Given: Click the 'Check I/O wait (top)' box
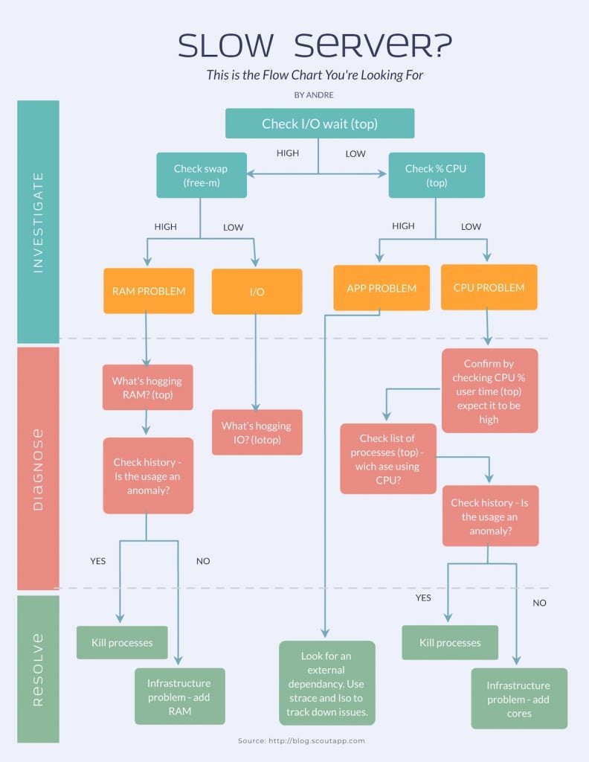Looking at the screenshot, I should point(320,124).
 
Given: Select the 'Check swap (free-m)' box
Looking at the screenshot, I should point(201,176).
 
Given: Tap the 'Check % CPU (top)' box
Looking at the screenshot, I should point(436,176).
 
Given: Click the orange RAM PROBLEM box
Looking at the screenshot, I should point(149,291).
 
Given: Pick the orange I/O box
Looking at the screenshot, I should point(257,292).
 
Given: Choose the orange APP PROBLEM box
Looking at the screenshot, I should point(382,288).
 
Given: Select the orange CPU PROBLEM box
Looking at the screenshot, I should point(489,287).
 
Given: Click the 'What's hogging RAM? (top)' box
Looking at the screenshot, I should point(147,388).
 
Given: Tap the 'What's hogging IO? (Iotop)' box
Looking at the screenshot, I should point(257,432).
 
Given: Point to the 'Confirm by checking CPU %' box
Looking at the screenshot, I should point(489,391).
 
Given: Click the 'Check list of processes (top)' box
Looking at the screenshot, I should point(387,458).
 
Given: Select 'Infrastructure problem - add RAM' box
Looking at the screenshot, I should point(179,697).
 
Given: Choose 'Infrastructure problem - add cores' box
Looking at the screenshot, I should point(519,699).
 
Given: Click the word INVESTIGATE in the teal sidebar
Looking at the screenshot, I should point(38,222).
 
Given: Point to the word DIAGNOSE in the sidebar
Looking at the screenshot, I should point(38,469).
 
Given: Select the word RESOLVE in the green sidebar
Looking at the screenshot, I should point(38,669).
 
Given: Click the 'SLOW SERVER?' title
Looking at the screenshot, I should point(315,46).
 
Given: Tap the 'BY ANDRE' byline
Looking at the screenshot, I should point(315,95).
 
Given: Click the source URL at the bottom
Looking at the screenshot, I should point(301,741).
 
